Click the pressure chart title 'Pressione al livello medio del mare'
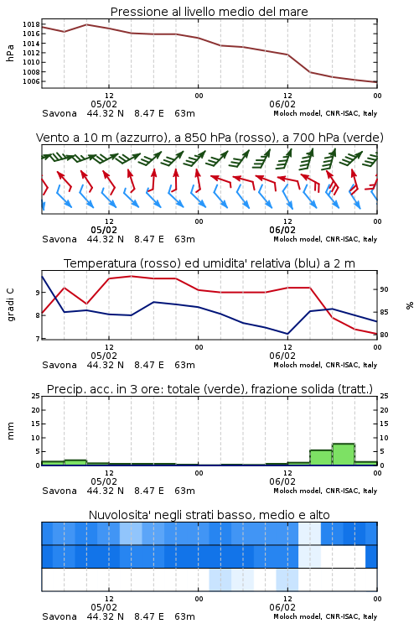point(209,12)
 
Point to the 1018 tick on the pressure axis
point(31,24)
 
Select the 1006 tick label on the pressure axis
point(31,81)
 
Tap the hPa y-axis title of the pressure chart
point(10,53)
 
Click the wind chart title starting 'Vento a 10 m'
point(209,138)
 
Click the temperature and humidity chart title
point(209,263)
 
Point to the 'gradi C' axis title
point(10,304)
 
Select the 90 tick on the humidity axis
point(384,289)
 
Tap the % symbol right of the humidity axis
point(410,305)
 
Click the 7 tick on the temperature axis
point(38,339)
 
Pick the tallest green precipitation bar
point(344,455)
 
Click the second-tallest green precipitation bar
point(321,458)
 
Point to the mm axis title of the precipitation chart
point(10,431)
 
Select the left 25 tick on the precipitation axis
point(36,396)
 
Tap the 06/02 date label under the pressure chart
point(282,104)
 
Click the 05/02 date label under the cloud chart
point(104,607)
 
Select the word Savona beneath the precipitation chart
point(59,491)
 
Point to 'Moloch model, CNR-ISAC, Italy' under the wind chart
point(325,239)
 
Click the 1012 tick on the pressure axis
point(31,53)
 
